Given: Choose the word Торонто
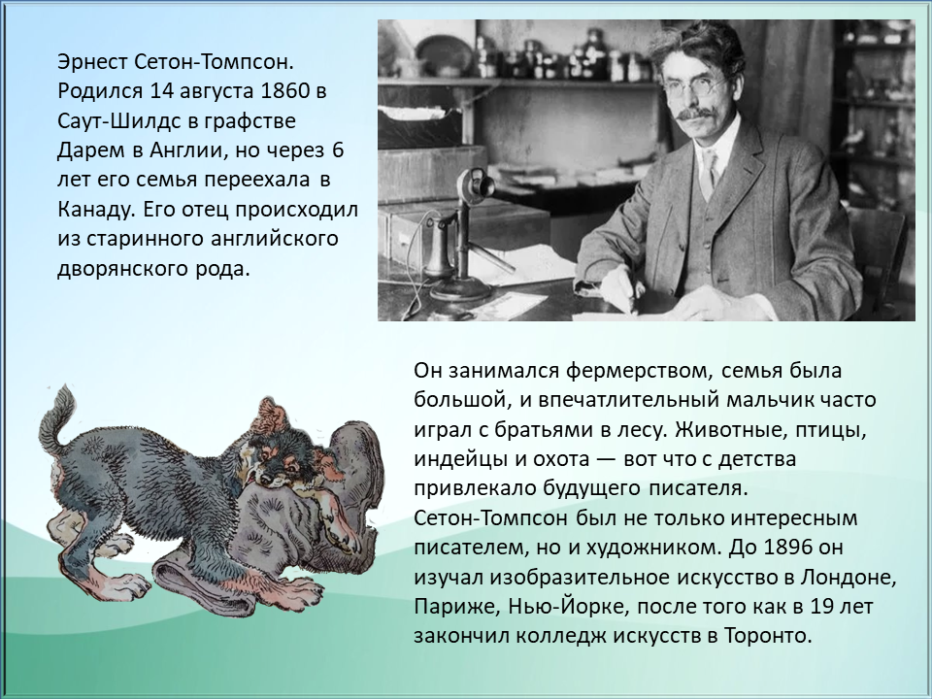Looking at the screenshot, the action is click(768, 636).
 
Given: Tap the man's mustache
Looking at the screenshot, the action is click(693, 114).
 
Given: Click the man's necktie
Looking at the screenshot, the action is click(709, 172).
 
